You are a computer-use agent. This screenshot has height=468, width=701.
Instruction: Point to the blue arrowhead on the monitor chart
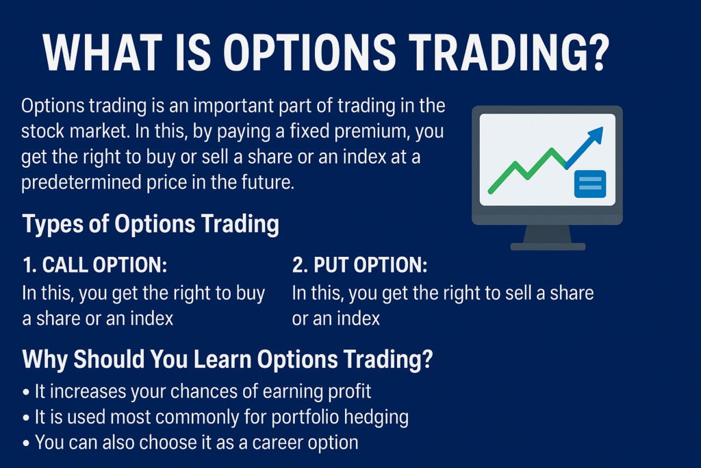[595, 136]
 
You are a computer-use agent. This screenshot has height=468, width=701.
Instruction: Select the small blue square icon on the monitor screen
[589, 183]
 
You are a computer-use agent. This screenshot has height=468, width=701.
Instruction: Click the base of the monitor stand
[548, 246]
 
